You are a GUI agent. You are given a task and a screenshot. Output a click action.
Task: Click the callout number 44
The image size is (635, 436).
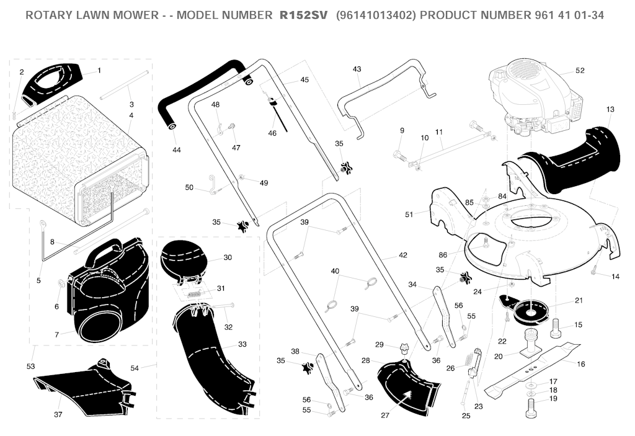(x=176, y=150)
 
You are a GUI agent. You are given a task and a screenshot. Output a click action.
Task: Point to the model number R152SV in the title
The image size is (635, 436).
(x=303, y=16)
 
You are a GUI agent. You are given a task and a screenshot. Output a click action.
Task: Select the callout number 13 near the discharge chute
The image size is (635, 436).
(x=610, y=109)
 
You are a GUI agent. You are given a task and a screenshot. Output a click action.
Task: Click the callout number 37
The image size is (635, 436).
(x=58, y=414)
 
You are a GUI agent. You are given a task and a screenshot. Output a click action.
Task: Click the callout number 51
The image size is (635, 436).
(x=409, y=214)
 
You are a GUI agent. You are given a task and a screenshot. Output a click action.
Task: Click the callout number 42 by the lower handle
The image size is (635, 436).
(x=402, y=255)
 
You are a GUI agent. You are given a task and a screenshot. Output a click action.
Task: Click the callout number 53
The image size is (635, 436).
(x=31, y=367)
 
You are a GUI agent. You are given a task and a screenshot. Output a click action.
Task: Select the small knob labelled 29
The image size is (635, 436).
(x=403, y=349)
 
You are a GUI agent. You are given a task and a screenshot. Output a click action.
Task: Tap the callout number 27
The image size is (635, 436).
(x=384, y=416)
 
